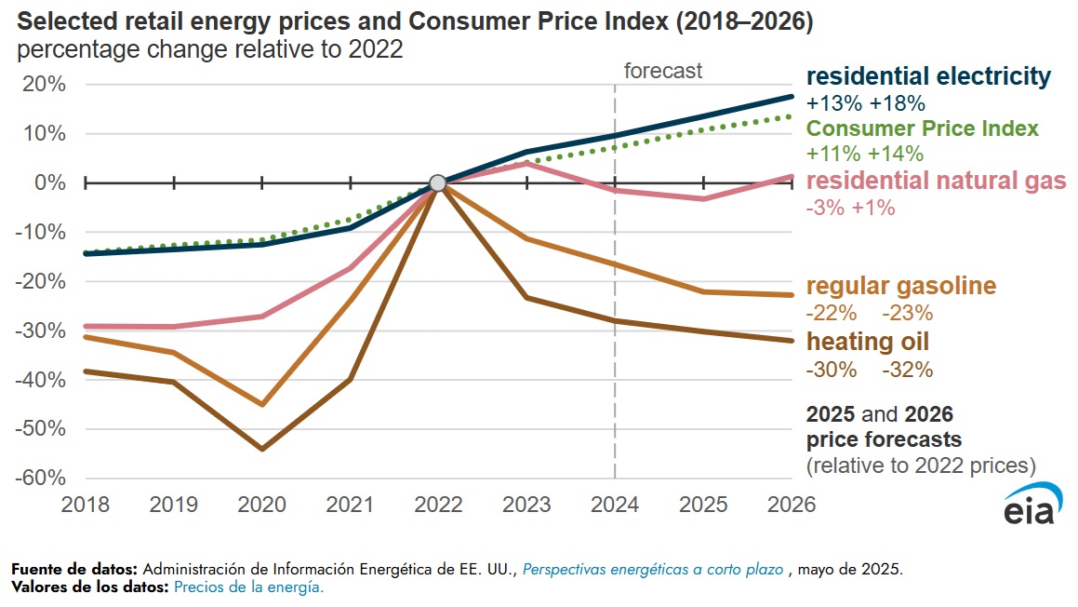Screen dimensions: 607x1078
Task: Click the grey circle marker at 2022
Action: [x=438, y=182]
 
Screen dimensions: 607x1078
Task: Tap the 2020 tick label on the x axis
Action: [x=262, y=505]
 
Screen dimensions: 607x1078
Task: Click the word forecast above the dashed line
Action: [x=662, y=71]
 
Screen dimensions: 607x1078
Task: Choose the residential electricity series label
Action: [x=928, y=76]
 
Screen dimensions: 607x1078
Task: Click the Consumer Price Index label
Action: [x=923, y=128]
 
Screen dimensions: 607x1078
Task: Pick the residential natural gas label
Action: [x=936, y=181]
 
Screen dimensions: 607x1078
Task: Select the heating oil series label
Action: [x=867, y=342]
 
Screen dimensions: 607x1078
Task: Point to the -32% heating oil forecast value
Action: [x=907, y=370]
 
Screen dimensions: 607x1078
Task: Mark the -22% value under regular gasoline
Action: [x=832, y=314]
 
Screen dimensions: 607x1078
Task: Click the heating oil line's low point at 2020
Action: [x=262, y=449]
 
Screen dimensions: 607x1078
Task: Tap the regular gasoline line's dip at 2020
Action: [x=262, y=404]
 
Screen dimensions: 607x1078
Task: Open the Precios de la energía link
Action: [x=248, y=587]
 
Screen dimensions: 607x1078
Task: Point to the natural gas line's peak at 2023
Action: [x=526, y=163]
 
